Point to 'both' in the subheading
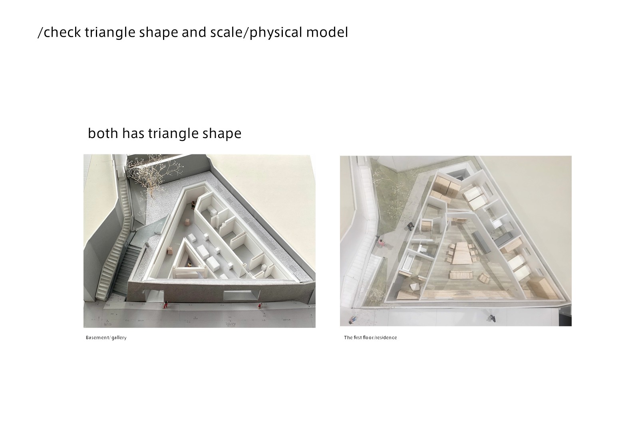coord(103,133)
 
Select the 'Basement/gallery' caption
coord(106,337)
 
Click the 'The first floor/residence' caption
coord(370,337)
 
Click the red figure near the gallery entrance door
coord(165,304)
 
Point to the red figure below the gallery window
coord(260,306)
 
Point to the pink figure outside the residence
coord(381,243)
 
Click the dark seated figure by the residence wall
coord(410,227)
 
